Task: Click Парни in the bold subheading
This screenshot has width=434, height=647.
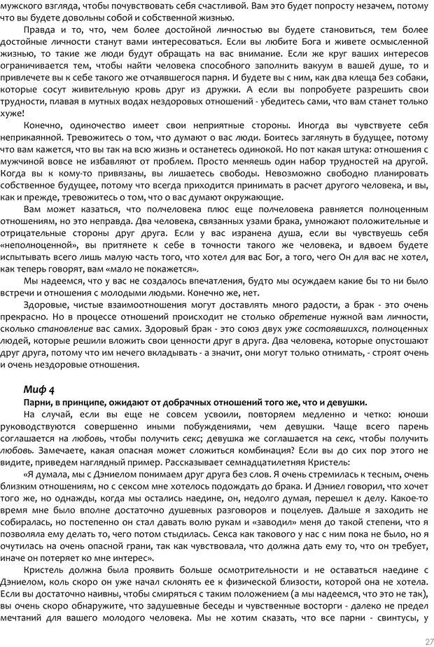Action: click(35, 403)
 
